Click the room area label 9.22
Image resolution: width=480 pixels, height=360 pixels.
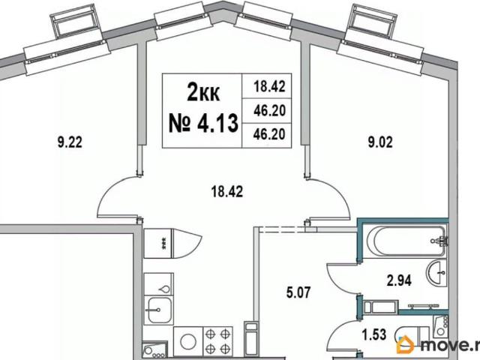coord(70,142)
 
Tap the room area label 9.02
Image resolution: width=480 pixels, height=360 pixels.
coord(380,142)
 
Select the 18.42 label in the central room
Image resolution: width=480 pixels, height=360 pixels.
coord(227,192)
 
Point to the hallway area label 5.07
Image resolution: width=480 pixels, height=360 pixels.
coord(298,292)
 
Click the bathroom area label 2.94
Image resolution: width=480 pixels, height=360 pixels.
coord(399,280)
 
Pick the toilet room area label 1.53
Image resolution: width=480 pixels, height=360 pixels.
coord(374,334)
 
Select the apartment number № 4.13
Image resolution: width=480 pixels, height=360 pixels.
coord(203,122)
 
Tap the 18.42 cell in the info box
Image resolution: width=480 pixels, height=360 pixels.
coord(269,86)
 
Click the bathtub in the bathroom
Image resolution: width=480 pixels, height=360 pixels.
coord(406,241)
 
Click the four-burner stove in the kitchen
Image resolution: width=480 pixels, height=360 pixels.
coord(217,340)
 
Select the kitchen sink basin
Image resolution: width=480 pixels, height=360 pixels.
coord(158,310)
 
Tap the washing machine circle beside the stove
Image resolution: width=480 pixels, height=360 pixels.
coord(188,341)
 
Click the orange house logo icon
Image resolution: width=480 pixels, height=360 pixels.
coord(405,345)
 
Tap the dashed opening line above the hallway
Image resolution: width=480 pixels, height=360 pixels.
coord(282,229)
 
